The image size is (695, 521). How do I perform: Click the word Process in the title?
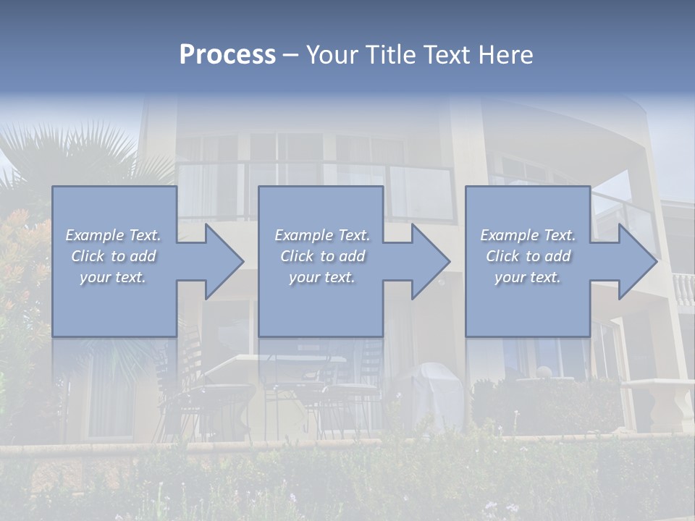click(x=227, y=55)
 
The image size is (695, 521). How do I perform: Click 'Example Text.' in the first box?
click(x=113, y=235)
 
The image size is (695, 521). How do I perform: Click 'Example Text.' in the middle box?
click(x=322, y=235)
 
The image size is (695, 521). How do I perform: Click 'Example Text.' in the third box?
click(x=528, y=235)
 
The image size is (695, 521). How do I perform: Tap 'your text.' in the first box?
click(x=113, y=277)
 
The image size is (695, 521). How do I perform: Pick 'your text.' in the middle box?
click(x=322, y=277)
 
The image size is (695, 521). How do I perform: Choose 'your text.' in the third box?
click(x=528, y=277)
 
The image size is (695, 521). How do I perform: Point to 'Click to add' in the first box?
click(x=113, y=256)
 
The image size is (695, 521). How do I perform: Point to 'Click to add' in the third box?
click(x=528, y=256)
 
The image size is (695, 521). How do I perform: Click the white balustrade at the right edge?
click(x=683, y=289)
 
